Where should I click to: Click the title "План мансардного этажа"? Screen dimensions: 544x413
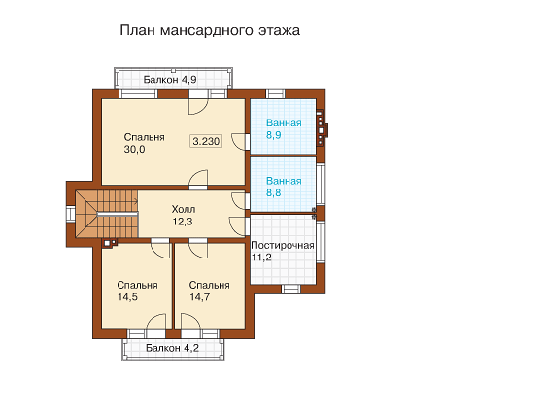pyautogui.click(x=210, y=30)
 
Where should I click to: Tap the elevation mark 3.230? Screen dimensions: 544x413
pyautogui.click(x=206, y=141)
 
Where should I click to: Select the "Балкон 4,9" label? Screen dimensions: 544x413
pyautogui.click(x=170, y=80)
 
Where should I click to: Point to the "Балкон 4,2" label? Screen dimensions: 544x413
pyautogui.click(x=173, y=348)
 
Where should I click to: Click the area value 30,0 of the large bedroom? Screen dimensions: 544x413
pyautogui.click(x=134, y=150)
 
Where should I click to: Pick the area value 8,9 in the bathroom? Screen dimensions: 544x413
pyautogui.click(x=273, y=135)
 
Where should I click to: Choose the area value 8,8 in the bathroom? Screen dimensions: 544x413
pyautogui.click(x=273, y=193)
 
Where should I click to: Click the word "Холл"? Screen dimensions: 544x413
pyautogui.click(x=184, y=209)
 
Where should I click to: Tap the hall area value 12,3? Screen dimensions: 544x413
pyautogui.click(x=183, y=222)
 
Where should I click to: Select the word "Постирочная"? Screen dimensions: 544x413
pyautogui.click(x=283, y=245)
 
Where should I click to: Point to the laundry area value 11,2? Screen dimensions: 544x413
pyautogui.click(x=261, y=258)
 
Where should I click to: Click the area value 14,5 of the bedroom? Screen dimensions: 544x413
pyautogui.click(x=127, y=297)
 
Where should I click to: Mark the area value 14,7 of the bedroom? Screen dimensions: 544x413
pyautogui.click(x=199, y=297)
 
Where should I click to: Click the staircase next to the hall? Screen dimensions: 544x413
pyautogui.click(x=107, y=214)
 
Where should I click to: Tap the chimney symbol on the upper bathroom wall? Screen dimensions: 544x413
pyautogui.click(x=322, y=127)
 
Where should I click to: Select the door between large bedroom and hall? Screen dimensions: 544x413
pyautogui.click(x=198, y=180)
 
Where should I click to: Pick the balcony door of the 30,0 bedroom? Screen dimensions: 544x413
pyautogui.click(x=198, y=102)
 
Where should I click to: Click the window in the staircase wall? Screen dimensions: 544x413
pyautogui.click(x=71, y=213)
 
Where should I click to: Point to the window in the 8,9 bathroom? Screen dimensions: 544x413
pyautogui.click(x=276, y=94)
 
